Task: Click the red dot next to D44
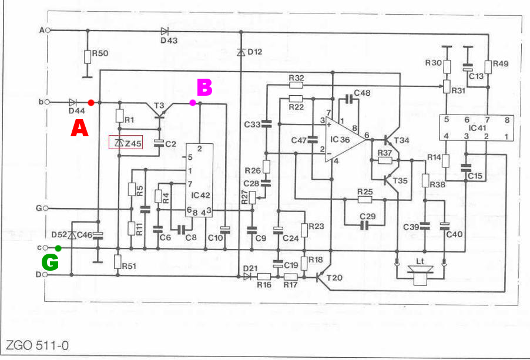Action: coord(90,103)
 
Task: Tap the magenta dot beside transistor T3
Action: coord(193,103)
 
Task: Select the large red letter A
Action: coord(79,128)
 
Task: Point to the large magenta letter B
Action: coord(203,88)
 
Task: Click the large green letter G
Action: coord(50,263)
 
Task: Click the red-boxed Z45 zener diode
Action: coord(126,143)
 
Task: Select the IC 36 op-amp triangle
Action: coord(343,139)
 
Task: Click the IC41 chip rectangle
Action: coord(477,127)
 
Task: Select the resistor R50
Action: coord(88,56)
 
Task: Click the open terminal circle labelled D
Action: coord(47,274)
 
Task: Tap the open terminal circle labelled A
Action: coord(47,29)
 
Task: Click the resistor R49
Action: coord(488,66)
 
